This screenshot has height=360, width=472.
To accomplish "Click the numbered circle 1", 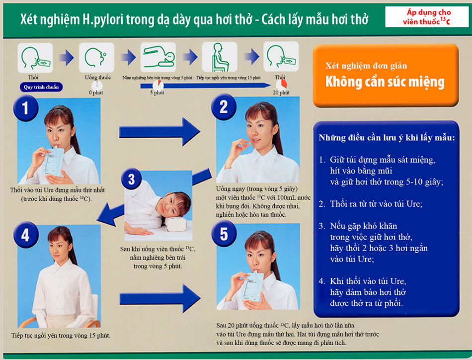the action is pyautogui.click(x=25, y=108).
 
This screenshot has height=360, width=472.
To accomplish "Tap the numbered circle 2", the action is pyautogui.click(x=224, y=107).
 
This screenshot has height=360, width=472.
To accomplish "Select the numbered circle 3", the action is pyautogui.click(x=132, y=179).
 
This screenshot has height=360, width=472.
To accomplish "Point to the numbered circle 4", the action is pyautogui.click(x=26, y=235).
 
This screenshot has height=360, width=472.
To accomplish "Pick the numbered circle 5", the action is pyautogui.click(x=224, y=234).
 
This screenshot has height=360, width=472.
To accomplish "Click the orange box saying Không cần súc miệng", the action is pyautogui.click(x=386, y=75).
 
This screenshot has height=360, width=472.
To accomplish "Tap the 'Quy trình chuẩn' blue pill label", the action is pyautogui.click(x=41, y=87).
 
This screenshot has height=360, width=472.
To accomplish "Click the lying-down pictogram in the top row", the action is pyautogui.click(x=158, y=57).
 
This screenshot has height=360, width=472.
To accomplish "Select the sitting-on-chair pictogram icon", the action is pyautogui.click(x=220, y=57).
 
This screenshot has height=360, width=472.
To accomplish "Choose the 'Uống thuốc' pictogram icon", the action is pyautogui.click(x=96, y=57).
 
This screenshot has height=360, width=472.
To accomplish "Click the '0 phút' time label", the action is pyautogui.click(x=96, y=92).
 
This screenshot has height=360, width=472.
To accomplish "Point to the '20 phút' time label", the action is pyautogui.click(x=281, y=92).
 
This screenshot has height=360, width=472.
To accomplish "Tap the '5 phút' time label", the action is pyautogui.click(x=157, y=92).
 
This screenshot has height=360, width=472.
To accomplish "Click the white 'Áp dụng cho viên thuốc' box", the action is pyautogui.click(x=427, y=17).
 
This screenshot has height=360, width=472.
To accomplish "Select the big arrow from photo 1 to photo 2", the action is pyautogui.click(x=159, y=132).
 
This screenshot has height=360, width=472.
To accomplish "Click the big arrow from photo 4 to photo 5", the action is pyautogui.click(x=160, y=298).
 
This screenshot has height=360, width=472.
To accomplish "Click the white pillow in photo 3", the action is pyautogui.click(x=175, y=224).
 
